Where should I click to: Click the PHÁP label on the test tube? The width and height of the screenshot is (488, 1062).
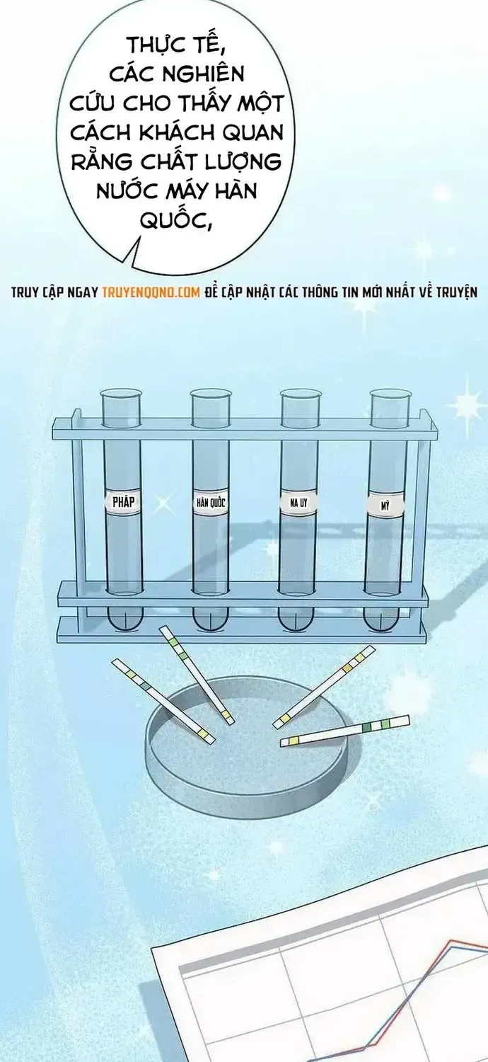pyautogui.click(x=123, y=502)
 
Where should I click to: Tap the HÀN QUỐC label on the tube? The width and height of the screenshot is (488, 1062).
pyautogui.click(x=211, y=503)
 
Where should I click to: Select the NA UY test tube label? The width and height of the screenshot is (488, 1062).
pyautogui.click(x=298, y=503)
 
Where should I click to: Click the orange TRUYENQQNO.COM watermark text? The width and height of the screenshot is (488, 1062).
pyautogui.click(x=151, y=292)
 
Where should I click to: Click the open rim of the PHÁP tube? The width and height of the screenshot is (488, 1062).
pyautogui.click(x=121, y=394)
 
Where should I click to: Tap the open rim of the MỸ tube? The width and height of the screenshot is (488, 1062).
pyautogui.click(x=390, y=394)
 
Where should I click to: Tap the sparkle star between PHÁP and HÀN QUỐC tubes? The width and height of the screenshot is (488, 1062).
pyautogui.click(x=164, y=504)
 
